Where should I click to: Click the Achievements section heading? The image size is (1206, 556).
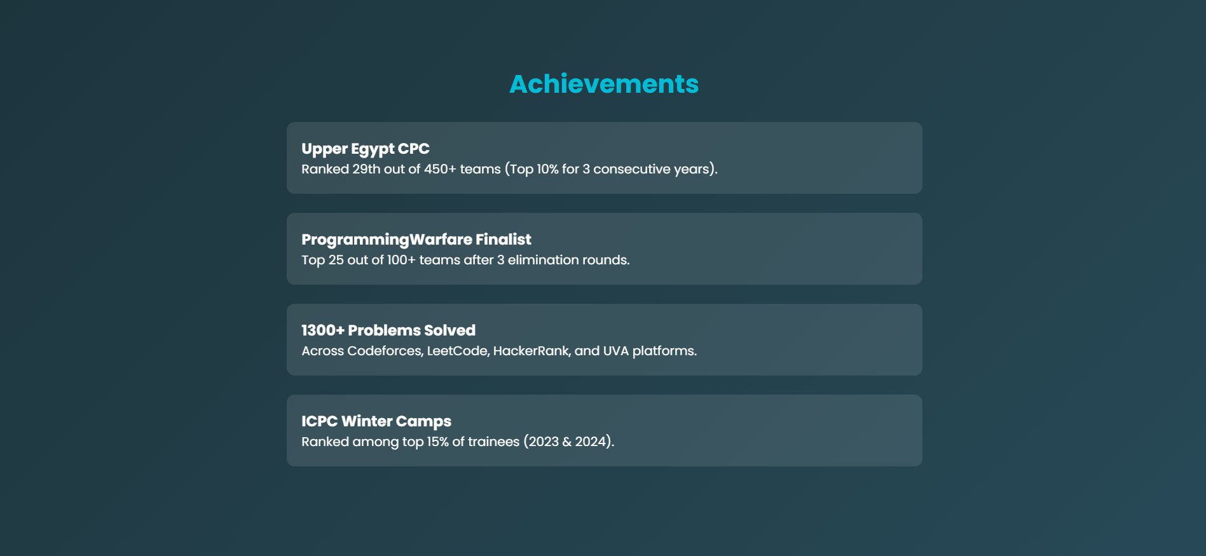click(x=604, y=84)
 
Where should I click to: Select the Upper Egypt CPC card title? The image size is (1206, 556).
click(x=366, y=149)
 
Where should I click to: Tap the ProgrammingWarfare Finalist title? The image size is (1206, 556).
click(x=416, y=240)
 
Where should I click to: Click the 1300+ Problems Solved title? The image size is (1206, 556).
click(x=388, y=330)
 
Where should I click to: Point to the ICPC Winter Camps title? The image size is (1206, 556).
click(x=376, y=421)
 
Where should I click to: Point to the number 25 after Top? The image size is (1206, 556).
click(x=336, y=260)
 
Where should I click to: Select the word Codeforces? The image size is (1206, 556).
click(x=384, y=351)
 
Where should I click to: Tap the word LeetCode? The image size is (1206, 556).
click(x=457, y=351)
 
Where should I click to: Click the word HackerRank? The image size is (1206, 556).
click(x=531, y=351)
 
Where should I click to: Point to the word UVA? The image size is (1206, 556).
click(x=616, y=351)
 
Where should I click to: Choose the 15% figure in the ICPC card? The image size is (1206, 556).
click(x=437, y=442)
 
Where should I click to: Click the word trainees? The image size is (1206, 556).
click(x=493, y=442)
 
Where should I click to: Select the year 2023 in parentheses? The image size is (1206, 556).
click(x=544, y=442)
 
